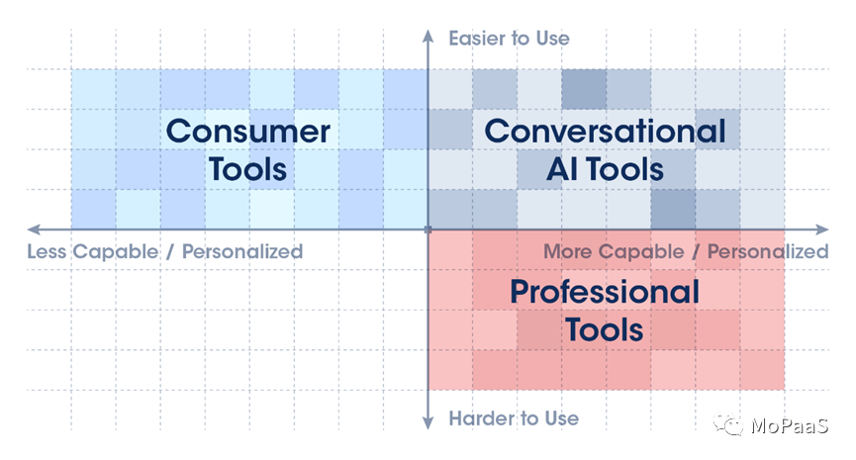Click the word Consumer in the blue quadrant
[x=247, y=132]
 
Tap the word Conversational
[x=605, y=132]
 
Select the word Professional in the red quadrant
[x=605, y=292]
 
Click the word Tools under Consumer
[x=247, y=169]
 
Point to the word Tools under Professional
[x=605, y=329]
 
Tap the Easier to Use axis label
[x=509, y=39]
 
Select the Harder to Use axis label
[x=514, y=418]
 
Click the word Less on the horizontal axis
[x=47, y=251]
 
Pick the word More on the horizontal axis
[x=567, y=251]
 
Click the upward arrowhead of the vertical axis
[x=428, y=36]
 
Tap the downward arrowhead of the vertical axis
[x=428, y=422]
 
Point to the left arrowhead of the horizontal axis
[x=34, y=230]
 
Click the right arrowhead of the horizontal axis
[x=822, y=230]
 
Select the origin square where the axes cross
[x=428, y=230]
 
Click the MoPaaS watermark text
[x=790, y=425]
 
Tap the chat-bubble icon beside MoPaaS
[x=728, y=424]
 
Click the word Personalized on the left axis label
[x=242, y=251]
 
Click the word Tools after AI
[x=625, y=169]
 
